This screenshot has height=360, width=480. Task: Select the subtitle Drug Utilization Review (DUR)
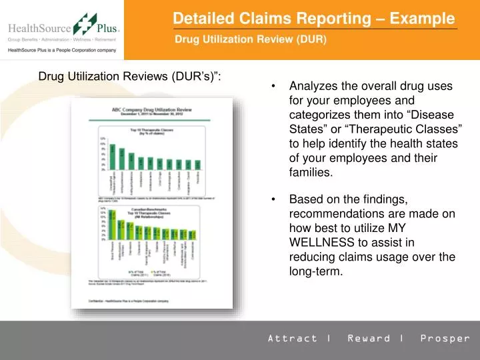click(251, 39)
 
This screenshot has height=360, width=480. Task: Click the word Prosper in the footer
click(445, 338)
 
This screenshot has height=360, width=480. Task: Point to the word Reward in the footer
click(369, 338)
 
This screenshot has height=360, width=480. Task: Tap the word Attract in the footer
click(293, 338)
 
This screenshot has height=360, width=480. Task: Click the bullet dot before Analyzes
click(275, 87)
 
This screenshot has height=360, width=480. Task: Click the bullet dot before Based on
click(275, 199)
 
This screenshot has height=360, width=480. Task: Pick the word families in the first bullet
click(310, 173)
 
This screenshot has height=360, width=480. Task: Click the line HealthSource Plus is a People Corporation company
click(62, 51)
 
